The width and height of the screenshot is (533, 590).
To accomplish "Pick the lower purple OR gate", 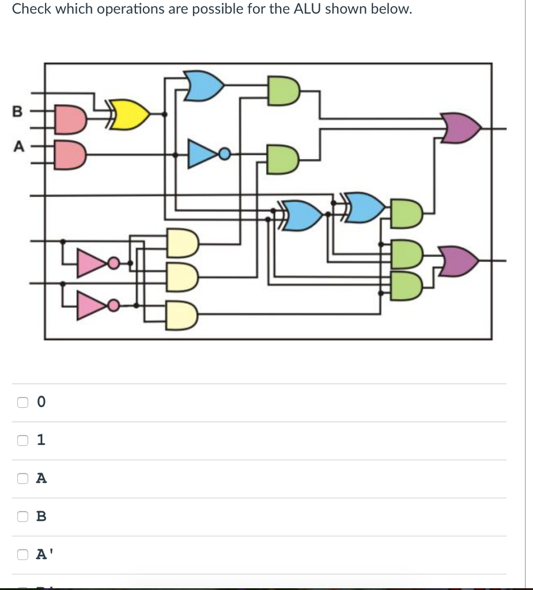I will tap(461, 261).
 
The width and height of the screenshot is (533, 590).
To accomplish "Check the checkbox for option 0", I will tap(22, 402).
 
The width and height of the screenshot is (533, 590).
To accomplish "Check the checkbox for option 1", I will tap(22, 440).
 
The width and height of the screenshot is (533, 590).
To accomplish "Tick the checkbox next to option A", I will tap(22, 478).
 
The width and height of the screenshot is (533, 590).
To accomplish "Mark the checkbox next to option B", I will tap(22, 516).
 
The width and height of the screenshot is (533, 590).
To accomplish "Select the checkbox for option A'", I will tap(22, 554).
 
